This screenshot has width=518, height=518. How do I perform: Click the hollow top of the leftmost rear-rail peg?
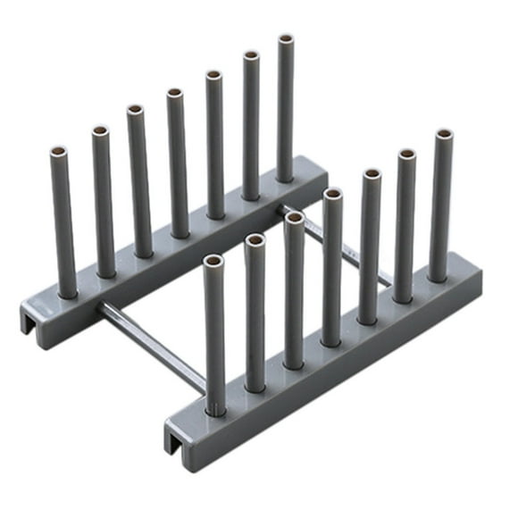coord(59,153)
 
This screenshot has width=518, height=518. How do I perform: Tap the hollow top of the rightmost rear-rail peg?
coord(286,41)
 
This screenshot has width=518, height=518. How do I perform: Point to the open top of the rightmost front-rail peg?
coord(444,136)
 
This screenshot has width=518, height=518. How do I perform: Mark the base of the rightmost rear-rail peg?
coord(285,176)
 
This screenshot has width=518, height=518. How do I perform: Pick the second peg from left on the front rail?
coord(255,313)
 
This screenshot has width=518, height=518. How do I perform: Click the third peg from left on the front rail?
coord(295,290)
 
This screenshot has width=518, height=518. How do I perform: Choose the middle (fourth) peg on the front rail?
coord(332,268)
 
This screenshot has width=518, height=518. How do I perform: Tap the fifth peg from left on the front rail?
coord(370,246)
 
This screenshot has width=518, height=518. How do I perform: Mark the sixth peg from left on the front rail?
coord(405,223)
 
